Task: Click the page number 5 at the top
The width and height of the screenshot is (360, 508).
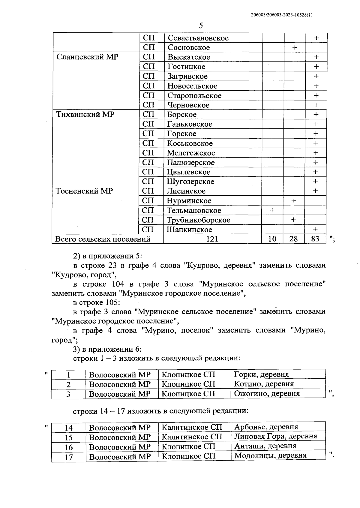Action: (x=201, y=26)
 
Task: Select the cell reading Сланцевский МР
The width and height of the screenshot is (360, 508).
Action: (x=87, y=57)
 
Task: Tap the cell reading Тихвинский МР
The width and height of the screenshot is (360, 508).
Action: (x=85, y=115)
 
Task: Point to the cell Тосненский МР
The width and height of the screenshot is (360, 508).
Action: (x=84, y=191)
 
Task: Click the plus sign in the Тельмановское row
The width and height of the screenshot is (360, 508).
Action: (x=272, y=210)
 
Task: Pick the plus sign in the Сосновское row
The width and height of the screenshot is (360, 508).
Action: (x=295, y=47)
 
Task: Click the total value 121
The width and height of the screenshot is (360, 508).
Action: (x=212, y=239)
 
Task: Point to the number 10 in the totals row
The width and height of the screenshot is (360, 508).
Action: (x=272, y=239)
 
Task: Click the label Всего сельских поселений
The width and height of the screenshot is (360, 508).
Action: (x=103, y=239)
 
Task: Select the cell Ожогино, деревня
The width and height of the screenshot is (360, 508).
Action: (x=267, y=393)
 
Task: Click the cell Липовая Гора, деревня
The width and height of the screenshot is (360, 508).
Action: (x=275, y=436)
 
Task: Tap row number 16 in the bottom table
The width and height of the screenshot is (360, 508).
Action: (x=69, y=447)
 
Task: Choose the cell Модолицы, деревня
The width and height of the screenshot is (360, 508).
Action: (x=270, y=455)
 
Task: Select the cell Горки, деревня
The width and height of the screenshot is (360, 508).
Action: (x=261, y=374)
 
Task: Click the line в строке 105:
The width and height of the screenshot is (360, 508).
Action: (x=97, y=302)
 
